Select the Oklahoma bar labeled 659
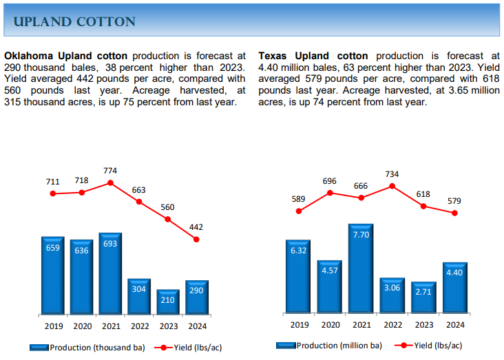52,275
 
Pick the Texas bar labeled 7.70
361,268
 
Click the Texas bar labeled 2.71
423,297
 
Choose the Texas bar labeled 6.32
298,277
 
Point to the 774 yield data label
110,170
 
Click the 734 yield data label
392,174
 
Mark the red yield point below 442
197,240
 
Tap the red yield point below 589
299,211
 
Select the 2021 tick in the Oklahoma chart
110,326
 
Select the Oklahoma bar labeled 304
139,296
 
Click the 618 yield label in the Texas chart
423,194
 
